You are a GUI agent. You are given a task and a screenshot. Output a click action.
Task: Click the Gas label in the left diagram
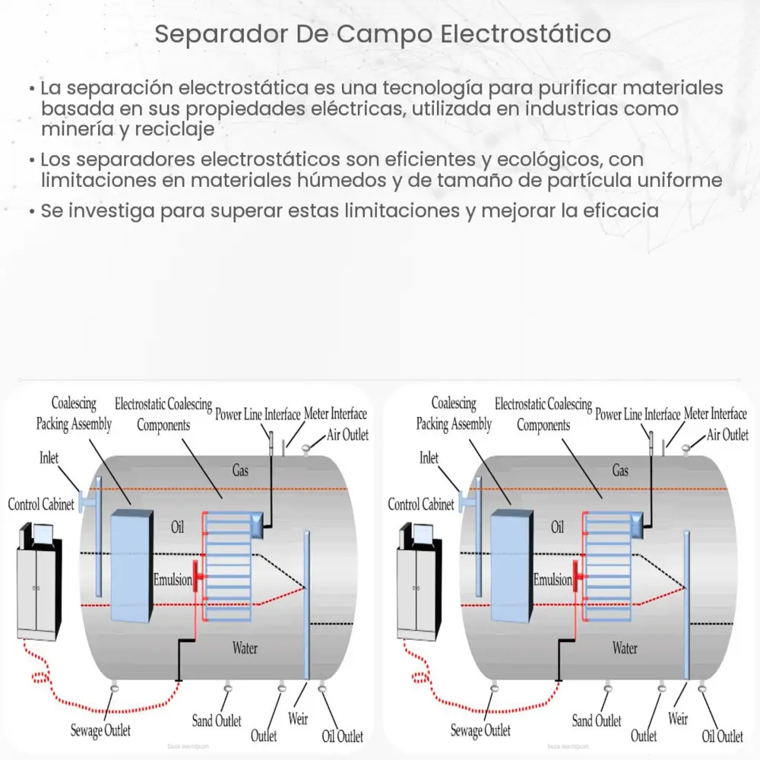point(240,471)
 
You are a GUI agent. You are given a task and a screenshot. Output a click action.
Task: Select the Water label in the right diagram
point(625,648)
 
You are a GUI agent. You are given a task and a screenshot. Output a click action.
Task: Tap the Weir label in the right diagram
point(677,718)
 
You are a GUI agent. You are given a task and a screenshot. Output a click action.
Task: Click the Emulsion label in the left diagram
point(173,580)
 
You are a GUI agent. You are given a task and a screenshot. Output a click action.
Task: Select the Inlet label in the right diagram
point(429,458)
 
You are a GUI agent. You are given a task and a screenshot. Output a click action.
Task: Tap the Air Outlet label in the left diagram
point(347,435)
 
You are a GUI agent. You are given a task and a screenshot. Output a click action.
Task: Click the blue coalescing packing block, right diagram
point(511,565)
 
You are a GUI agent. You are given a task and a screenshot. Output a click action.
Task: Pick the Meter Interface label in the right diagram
point(715,414)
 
